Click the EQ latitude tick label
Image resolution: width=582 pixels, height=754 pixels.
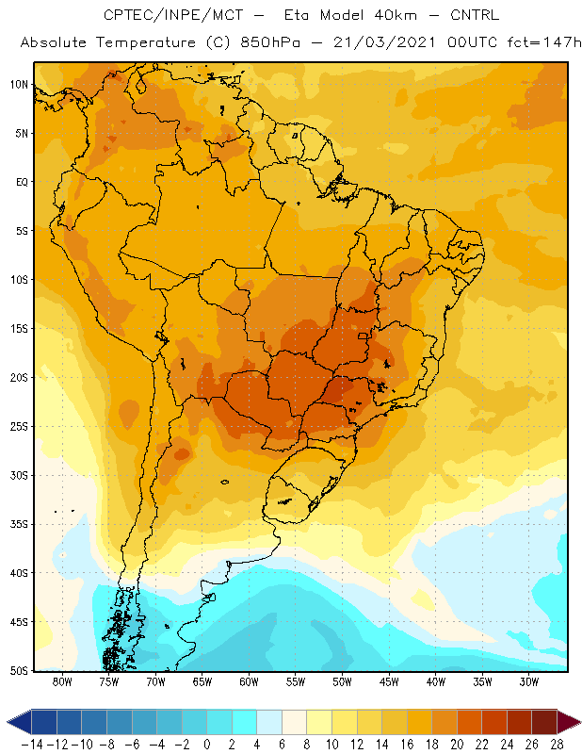22,182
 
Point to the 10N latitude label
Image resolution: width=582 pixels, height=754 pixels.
19,85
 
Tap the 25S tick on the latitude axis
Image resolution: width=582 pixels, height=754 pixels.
19,427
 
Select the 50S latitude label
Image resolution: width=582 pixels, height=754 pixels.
19,670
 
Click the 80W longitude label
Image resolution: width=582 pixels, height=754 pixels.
62,681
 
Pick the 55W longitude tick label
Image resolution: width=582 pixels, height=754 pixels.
296,681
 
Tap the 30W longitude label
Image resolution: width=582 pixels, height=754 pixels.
529,681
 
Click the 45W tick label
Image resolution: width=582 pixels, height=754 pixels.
389,681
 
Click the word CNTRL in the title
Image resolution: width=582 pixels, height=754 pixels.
475,15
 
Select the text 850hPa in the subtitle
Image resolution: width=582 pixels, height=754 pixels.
270,42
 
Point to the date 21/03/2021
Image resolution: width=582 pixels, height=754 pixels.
384,42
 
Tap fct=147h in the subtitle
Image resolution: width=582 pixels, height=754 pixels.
544,42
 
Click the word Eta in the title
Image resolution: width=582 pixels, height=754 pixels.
297,15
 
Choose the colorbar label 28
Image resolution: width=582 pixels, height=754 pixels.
557,745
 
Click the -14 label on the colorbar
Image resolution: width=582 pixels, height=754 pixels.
32,745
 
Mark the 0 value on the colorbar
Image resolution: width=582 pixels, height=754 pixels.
206,745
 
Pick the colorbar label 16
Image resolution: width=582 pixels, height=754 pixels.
407,745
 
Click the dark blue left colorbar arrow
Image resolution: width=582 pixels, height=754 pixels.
19,722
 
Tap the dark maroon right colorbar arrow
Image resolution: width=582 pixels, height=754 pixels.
569,722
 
